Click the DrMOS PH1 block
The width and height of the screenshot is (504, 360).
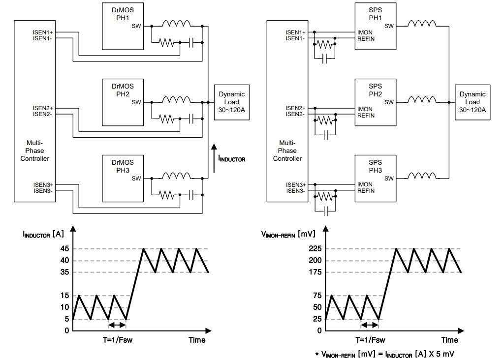(123, 27)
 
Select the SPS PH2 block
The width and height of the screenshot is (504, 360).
(376, 102)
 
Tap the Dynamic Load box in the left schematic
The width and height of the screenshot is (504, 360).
(232, 102)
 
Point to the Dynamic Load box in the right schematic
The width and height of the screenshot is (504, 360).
(472, 102)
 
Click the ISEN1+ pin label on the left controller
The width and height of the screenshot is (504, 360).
(43, 32)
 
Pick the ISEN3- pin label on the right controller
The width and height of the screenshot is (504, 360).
(296, 191)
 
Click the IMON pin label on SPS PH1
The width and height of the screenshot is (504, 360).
(365, 32)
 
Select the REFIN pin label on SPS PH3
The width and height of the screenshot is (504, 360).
(366, 191)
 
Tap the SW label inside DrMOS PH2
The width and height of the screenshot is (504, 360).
(136, 102)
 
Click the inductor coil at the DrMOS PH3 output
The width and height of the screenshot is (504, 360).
(176, 176)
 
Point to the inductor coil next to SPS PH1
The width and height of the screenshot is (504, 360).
(422, 24)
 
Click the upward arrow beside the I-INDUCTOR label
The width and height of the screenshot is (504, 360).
(214, 158)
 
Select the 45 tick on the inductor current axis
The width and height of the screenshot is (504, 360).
(64, 248)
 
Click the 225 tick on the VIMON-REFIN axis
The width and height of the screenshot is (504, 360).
(315, 248)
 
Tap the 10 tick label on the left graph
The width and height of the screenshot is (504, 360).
(64, 307)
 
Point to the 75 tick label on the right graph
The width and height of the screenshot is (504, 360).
(317, 296)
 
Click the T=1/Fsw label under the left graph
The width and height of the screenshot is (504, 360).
(118, 340)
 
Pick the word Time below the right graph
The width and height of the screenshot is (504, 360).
(450, 340)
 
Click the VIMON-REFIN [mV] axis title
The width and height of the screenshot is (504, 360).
(288, 234)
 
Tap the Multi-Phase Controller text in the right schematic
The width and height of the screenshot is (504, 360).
(287, 150)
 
